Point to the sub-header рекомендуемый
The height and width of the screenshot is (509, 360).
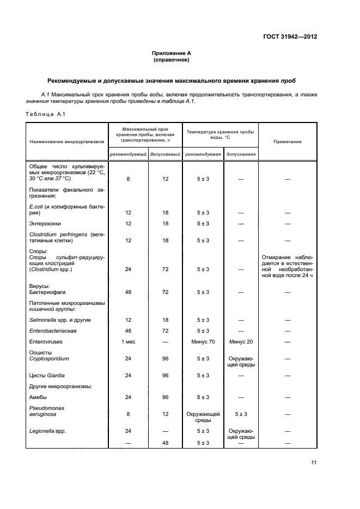128,154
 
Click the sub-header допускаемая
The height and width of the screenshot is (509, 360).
241,154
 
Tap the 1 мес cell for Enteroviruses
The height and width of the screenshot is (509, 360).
129,341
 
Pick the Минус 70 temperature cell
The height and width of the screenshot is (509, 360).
204,341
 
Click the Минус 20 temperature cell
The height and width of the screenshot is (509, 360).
241,341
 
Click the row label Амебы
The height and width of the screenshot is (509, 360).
38,397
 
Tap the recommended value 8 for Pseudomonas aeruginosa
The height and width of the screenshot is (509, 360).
129,414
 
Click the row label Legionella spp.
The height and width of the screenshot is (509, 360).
48,431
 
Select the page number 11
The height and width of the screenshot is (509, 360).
313,463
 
